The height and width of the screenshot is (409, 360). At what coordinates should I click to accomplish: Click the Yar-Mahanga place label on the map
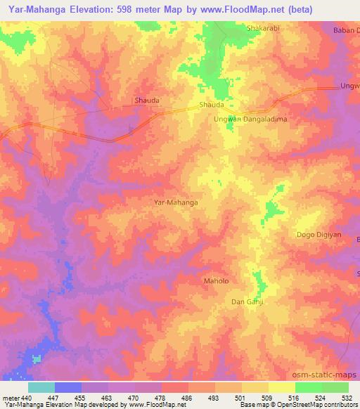pyautogui.click(x=175, y=202)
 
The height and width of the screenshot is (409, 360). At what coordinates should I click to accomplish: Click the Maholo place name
pyautogui.click(x=216, y=281)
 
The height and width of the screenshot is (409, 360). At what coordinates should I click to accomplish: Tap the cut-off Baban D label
pyautogui.click(x=346, y=30)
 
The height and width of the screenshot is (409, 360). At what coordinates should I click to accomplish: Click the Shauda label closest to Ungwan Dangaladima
pyautogui.click(x=212, y=104)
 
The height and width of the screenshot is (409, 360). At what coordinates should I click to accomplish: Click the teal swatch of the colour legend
pyautogui.click(x=41, y=387)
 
